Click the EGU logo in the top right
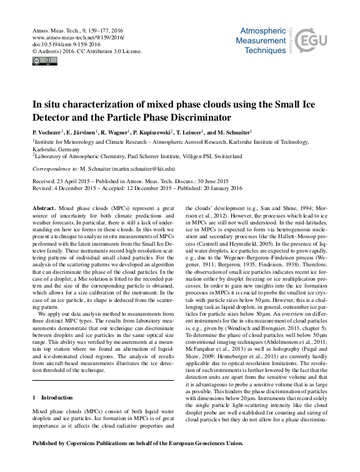(x=309, y=41)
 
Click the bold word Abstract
(x=42, y=206)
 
